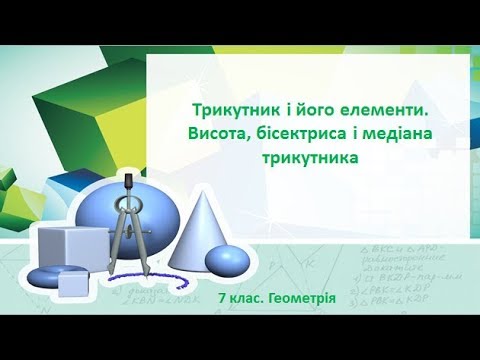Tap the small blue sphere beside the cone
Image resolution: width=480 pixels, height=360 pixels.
226,260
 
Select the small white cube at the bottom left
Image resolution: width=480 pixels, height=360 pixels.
75,284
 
